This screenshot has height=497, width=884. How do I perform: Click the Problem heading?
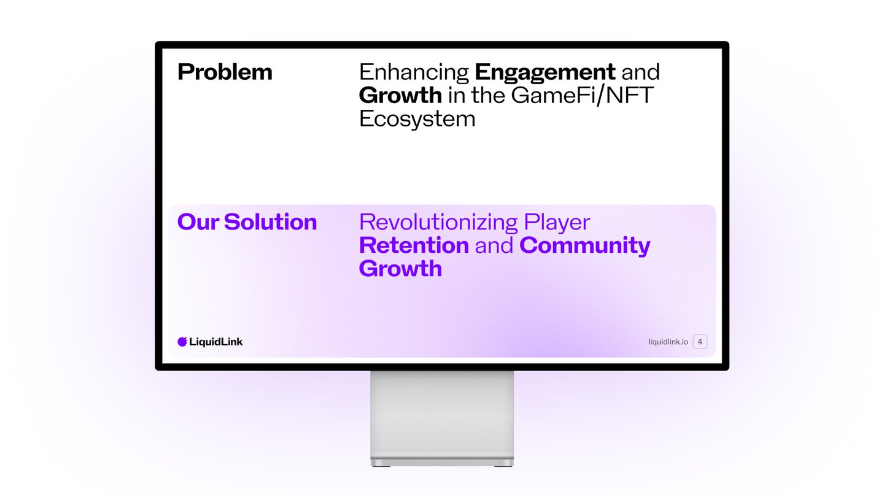[225, 72]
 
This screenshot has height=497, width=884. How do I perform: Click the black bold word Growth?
[400, 95]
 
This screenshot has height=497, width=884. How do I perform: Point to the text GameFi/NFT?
[582, 96]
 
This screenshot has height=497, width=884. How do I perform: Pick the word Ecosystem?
[417, 119]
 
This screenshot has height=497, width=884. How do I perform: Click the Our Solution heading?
[247, 222]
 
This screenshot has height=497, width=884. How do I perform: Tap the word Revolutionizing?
[438, 222]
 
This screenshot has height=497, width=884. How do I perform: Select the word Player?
[557, 223]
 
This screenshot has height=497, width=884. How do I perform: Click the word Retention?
[414, 245]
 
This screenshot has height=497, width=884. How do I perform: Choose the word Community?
[585, 246]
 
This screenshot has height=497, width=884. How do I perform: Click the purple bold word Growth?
[400, 269]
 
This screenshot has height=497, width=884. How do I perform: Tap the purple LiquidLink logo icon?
[182, 342]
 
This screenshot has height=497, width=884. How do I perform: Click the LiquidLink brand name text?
[216, 342]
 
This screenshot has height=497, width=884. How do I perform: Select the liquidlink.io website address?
[668, 342]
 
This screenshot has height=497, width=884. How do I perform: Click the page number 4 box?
[700, 342]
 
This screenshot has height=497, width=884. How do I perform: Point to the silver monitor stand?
[442, 418]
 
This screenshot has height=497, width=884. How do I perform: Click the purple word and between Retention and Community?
[494, 245]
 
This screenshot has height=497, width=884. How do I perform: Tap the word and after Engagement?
[640, 72]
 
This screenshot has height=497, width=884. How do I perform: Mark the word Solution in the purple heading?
[270, 222]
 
